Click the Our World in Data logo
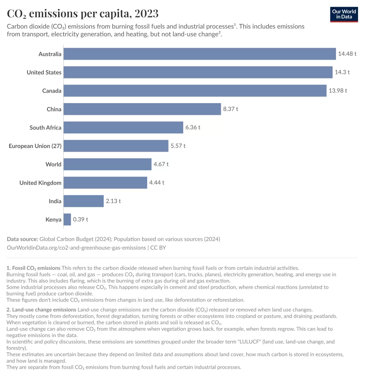coord(344,14)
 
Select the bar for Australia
coord(199,54)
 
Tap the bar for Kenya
coord(67,220)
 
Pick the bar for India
coord(84,201)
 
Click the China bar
coord(142,109)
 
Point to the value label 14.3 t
coord(342,73)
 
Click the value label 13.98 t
coord(338,91)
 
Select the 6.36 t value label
coord(193,128)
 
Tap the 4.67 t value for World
coord(161,165)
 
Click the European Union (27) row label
coord(35,146)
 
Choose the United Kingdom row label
coord(40,183)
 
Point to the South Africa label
coord(45,128)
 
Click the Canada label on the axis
coord(52,91)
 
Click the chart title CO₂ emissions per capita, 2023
coord(83,14)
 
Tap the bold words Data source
coord(22,239)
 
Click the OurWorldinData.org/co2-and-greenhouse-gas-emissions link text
coord(76,248)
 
